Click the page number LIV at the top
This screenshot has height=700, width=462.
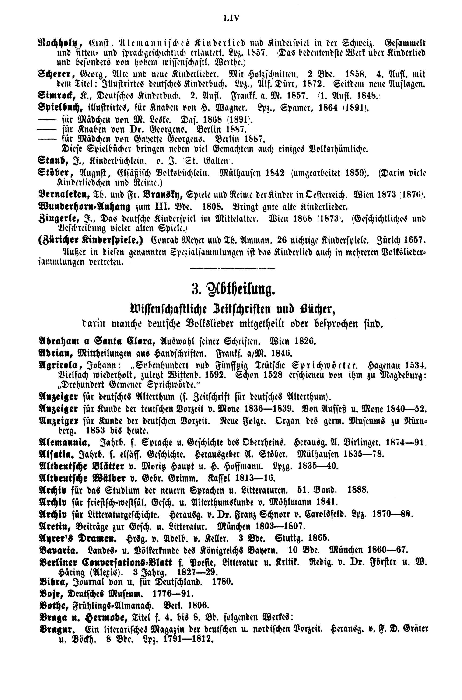pyautogui.click(x=232, y=18)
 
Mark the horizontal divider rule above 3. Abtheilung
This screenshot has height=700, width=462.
pyautogui.click(x=233, y=268)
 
